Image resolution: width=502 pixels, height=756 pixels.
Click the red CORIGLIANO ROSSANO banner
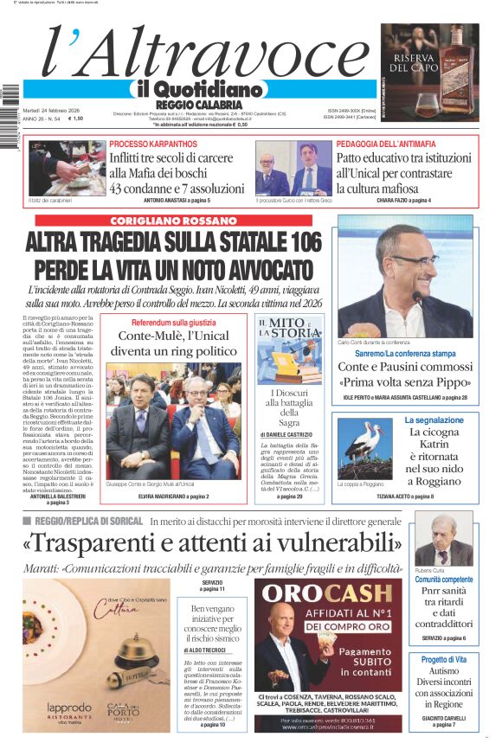click(x=174, y=221)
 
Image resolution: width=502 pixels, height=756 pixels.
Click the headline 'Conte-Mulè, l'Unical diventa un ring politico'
click(x=173, y=343)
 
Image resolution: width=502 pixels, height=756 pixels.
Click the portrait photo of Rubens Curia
click(x=443, y=539)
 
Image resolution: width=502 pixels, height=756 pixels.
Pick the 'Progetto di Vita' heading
click(x=444, y=660)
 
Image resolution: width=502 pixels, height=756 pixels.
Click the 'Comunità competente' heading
click(x=444, y=580)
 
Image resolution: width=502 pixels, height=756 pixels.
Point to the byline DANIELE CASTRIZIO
click(x=290, y=434)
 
